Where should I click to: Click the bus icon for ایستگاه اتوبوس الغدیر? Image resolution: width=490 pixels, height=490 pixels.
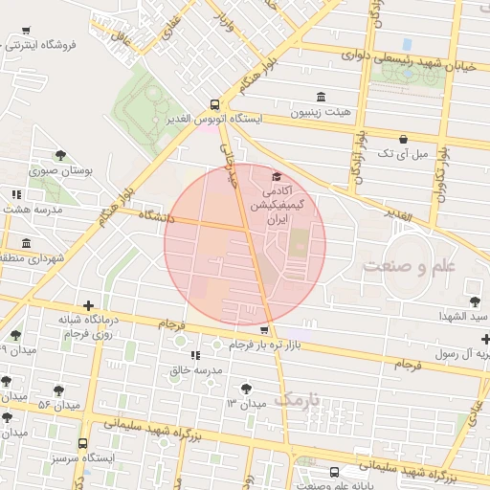click(214, 105)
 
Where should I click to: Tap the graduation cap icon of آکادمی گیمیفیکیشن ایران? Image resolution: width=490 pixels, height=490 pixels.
click(278, 177)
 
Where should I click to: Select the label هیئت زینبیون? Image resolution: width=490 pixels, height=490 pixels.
click(321, 112)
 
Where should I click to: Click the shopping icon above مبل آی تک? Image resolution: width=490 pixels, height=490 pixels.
click(403, 139)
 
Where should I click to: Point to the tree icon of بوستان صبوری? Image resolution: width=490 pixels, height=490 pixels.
click(60, 155)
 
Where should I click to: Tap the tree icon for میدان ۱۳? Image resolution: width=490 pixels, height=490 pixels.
click(248, 388)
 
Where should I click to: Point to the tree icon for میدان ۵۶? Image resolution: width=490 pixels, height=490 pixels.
click(58, 391)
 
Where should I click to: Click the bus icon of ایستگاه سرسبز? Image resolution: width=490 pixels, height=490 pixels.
click(83, 444)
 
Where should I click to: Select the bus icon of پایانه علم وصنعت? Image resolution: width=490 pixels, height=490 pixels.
click(334, 472)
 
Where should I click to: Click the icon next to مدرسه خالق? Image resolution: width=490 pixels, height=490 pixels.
click(196, 355)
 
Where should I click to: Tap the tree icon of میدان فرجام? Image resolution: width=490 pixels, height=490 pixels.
click(15, 334)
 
